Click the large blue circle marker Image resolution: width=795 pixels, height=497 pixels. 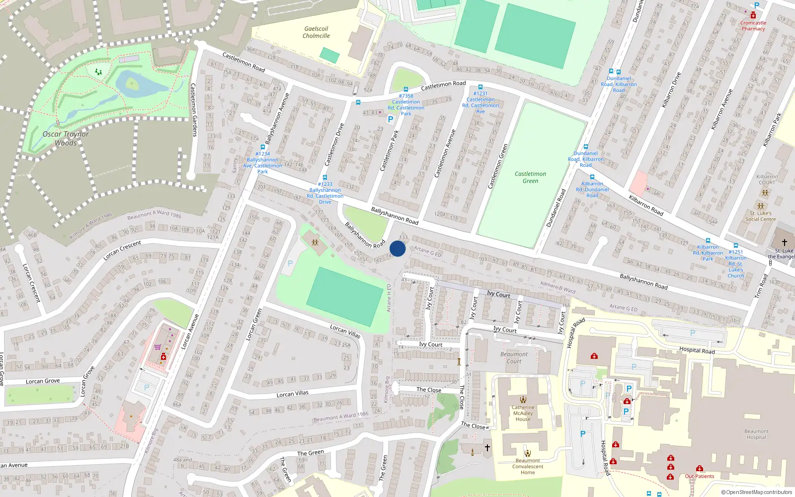[397, 248]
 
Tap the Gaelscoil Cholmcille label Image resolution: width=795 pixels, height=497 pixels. [316, 32]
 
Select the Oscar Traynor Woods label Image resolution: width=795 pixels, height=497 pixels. [66, 138]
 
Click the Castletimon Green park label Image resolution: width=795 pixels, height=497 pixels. [530, 177]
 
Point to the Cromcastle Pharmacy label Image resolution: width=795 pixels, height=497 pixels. [753, 26]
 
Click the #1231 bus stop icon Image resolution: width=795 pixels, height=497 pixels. [480, 87]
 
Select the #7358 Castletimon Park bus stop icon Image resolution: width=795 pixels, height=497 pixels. [406, 89]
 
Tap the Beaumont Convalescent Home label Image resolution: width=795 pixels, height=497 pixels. [528, 466]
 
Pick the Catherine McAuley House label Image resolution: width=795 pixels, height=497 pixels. [523, 413]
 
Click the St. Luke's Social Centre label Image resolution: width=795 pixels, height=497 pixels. [760, 216]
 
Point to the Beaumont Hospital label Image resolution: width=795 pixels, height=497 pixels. [756, 434]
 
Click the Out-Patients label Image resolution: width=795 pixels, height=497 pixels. [700, 476]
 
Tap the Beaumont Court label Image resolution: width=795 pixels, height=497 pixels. [514, 358]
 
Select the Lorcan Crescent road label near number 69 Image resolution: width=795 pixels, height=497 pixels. [122, 250]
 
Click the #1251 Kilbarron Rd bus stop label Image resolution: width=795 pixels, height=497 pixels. [736, 264]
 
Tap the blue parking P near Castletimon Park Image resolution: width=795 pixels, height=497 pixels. [391, 119]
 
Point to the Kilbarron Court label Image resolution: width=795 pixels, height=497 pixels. [767, 179]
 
